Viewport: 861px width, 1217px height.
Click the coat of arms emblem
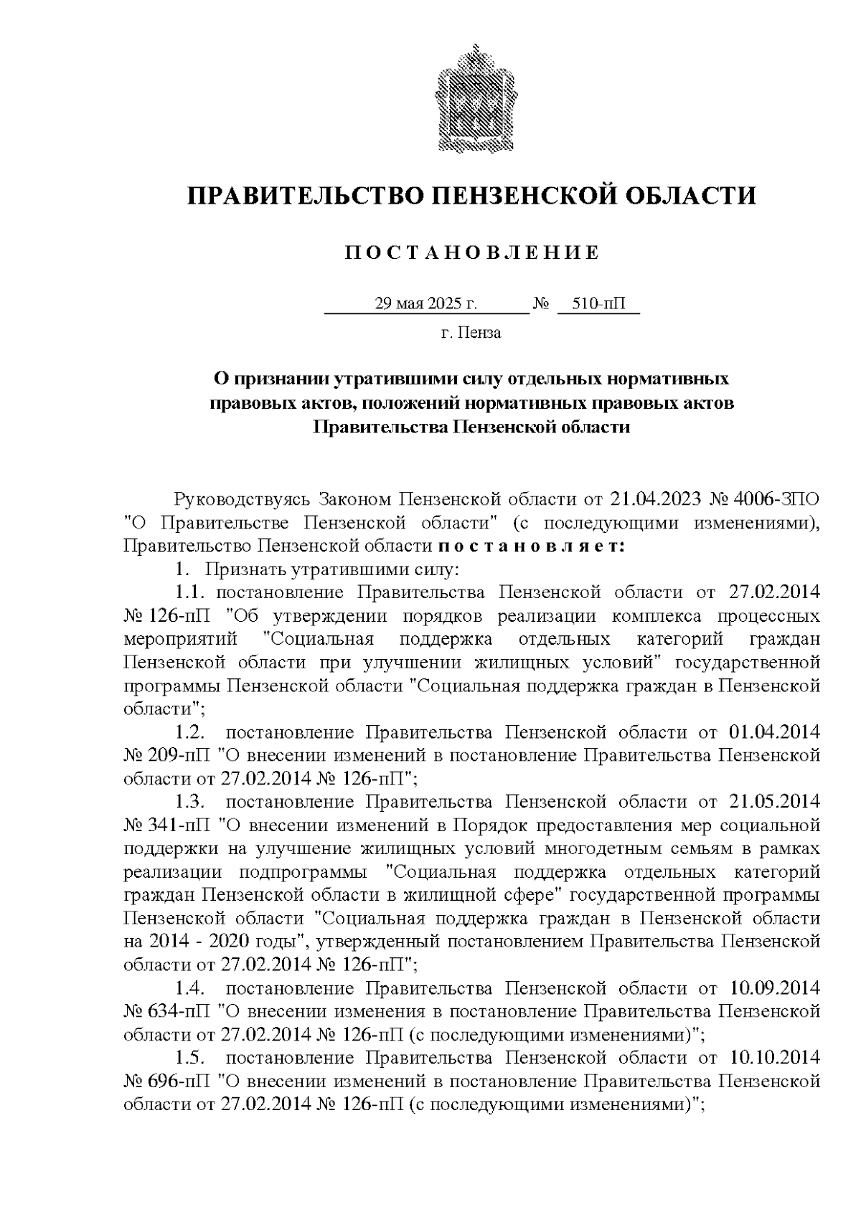471,100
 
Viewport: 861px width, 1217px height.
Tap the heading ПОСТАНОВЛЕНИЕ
471,253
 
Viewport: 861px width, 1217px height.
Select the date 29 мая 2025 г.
426,304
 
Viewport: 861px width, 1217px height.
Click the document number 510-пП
598,304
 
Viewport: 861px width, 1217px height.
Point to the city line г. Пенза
471,333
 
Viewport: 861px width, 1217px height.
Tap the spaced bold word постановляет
532,546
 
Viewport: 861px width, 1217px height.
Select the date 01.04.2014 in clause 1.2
774,732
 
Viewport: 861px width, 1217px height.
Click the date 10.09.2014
774,988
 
